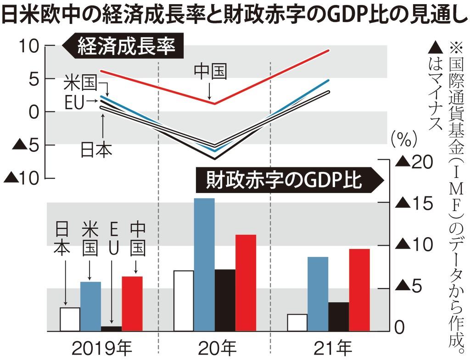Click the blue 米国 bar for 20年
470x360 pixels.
pyautogui.click(x=204, y=264)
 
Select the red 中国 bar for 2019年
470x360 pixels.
pyautogui.click(x=132, y=303)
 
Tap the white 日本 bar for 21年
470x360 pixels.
pyautogui.click(x=297, y=322)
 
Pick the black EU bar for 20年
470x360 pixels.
pyautogui.click(x=225, y=300)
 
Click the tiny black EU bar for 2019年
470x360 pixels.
pyautogui.click(x=111, y=328)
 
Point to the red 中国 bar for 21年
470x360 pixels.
pyautogui.click(x=359, y=289)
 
